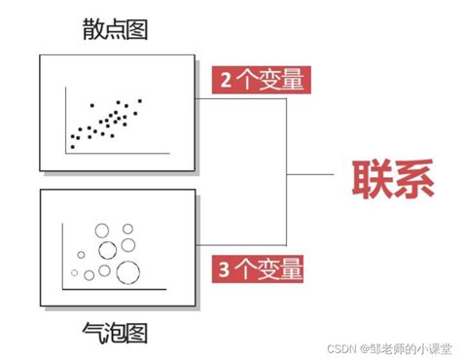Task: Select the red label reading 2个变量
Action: (x=258, y=80)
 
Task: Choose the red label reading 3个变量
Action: (x=258, y=267)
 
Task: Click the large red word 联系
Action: (x=392, y=181)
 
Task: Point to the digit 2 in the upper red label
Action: (x=226, y=80)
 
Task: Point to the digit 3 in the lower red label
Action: (x=226, y=267)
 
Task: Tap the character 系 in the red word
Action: (x=413, y=181)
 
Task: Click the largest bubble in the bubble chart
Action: (x=126, y=270)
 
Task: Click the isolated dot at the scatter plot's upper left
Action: (x=90, y=104)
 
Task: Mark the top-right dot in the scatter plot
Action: (x=140, y=100)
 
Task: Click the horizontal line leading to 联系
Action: (x=311, y=175)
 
